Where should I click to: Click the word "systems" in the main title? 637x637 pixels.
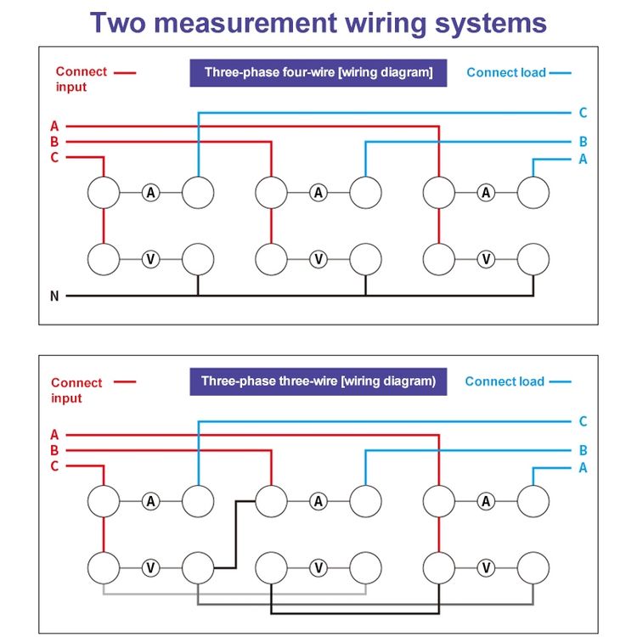point(491,25)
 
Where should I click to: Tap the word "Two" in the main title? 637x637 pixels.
point(118,23)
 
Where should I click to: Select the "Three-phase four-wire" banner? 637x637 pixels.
point(318,73)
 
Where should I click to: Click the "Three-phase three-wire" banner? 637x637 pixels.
point(318,381)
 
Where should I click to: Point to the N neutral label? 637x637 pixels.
point(54,296)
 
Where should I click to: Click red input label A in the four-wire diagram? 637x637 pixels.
point(54,127)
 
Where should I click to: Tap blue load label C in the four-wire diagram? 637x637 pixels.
point(583,112)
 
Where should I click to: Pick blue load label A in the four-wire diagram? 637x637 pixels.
point(583,159)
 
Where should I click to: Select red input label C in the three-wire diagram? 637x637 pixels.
point(54,466)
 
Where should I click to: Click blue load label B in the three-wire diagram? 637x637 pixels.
point(583,450)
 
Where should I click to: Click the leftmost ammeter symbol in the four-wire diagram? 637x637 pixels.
point(150,193)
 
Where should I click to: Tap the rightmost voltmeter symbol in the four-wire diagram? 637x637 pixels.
point(486,259)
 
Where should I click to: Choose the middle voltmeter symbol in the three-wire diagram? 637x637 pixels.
point(318,568)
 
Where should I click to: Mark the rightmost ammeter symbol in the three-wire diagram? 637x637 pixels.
point(486,501)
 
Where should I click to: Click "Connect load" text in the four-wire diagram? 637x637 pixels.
point(506,73)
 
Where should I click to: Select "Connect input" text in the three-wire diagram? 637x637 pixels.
point(76,390)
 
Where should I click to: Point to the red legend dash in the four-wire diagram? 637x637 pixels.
point(125,73)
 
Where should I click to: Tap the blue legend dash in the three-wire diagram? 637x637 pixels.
point(561,382)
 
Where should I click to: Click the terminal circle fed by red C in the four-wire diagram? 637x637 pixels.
point(104,193)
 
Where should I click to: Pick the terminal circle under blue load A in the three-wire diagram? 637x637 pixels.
point(533,501)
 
